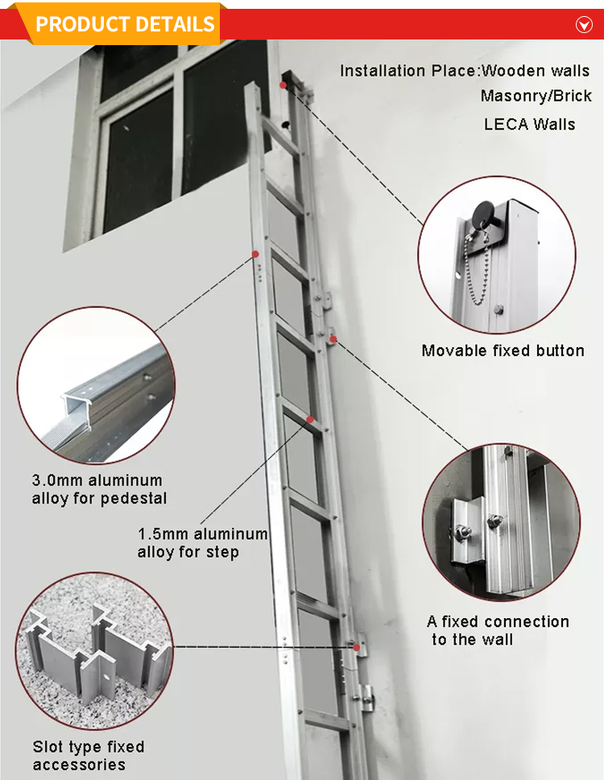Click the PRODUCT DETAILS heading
coord(125,23)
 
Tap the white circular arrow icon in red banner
coord(584,25)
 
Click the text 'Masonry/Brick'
coord(536,96)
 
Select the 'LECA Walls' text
coord(529,124)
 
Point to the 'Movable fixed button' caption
coord(503,351)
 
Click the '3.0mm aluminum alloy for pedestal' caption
coord(99,490)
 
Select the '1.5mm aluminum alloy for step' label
coord(202,543)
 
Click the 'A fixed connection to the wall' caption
coord(498,630)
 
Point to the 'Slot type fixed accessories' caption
coord(89,756)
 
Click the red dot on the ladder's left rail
coord(255,255)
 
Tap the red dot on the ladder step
coord(310,419)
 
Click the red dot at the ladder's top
coord(283,83)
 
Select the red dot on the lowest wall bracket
coord(355,647)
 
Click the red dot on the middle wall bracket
coord(332,339)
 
